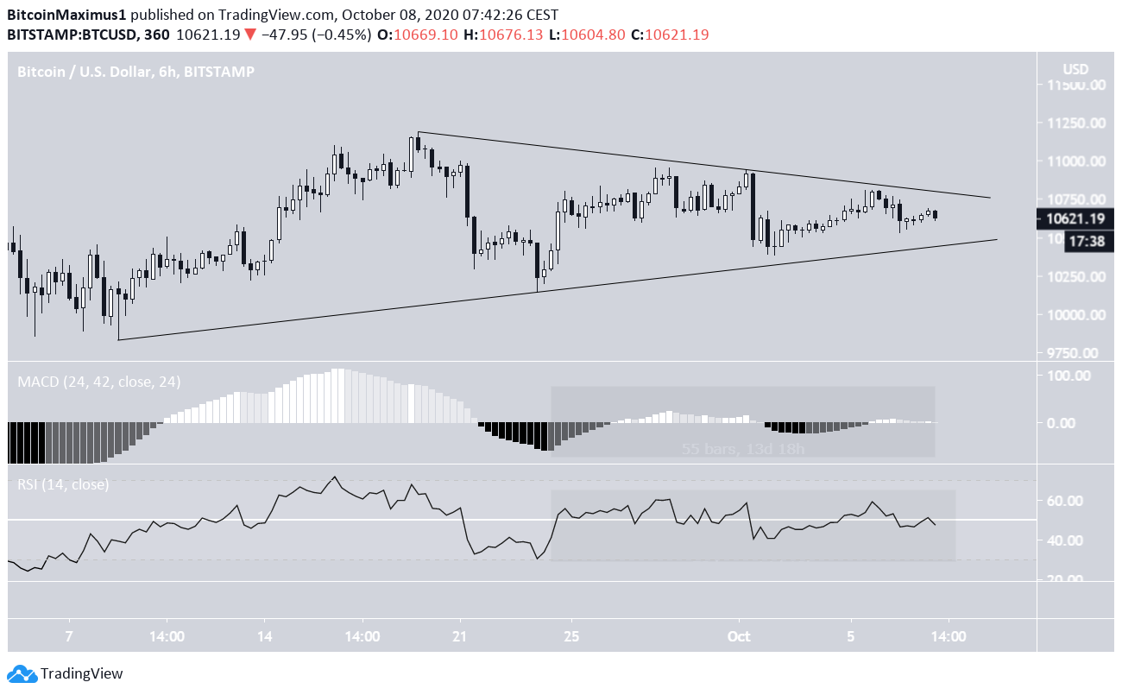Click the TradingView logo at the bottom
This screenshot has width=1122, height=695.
pos(66,673)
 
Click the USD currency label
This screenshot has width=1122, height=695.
pos(1075,69)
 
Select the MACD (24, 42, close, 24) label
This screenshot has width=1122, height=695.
pos(98,382)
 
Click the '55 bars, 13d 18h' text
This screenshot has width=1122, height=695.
pos(742,449)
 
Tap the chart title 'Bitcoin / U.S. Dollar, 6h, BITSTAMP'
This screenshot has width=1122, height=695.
pos(136,73)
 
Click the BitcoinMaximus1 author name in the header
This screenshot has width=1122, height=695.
pos(63,15)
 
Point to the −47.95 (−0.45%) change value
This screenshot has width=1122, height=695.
pos(323,35)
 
